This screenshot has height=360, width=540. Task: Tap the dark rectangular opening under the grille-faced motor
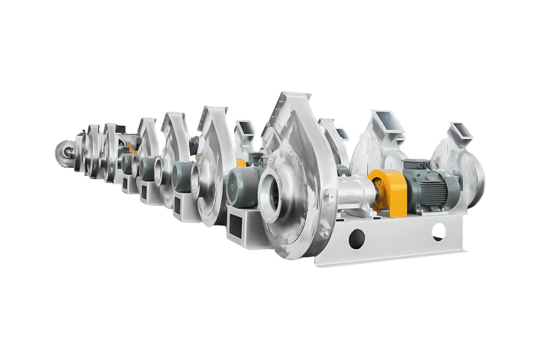coord(236,226)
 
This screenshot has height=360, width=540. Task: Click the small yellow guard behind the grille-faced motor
coord(241,163)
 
